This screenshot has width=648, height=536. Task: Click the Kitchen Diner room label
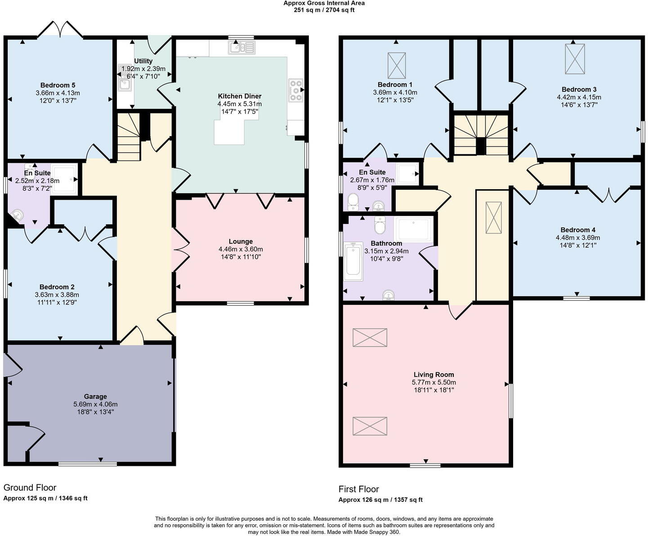(x=240, y=96)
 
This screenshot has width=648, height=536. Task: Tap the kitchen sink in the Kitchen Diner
(x=242, y=48)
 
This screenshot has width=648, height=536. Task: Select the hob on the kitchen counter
(x=296, y=90)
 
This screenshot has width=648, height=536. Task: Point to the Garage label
(x=95, y=396)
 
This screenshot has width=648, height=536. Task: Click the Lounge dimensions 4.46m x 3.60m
(x=241, y=249)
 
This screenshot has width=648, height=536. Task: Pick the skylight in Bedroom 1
(x=397, y=66)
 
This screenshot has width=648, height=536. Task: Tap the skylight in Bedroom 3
(x=575, y=59)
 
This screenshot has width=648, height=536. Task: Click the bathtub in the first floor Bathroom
(x=353, y=261)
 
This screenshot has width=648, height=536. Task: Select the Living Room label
(x=433, y=375)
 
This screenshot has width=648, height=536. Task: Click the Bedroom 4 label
(x=578, y=230)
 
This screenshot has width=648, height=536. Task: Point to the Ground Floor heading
(x=30, y=487)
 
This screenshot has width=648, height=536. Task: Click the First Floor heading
(x=358, y=489)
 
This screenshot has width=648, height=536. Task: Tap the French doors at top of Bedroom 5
(x=61, y=29)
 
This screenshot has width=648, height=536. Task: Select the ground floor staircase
(x=129, y=137)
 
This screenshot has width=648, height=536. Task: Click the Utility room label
(x=143, y=61)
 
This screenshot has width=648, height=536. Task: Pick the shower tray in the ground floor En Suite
(x=64, y=179)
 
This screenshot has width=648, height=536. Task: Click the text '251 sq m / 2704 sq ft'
(x=324, y=10)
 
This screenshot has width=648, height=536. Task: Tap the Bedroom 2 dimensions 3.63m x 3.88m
(x=57, y=295)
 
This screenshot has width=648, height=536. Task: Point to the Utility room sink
(x=125, y=84)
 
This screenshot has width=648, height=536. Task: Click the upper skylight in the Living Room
(x=370, y=337)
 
